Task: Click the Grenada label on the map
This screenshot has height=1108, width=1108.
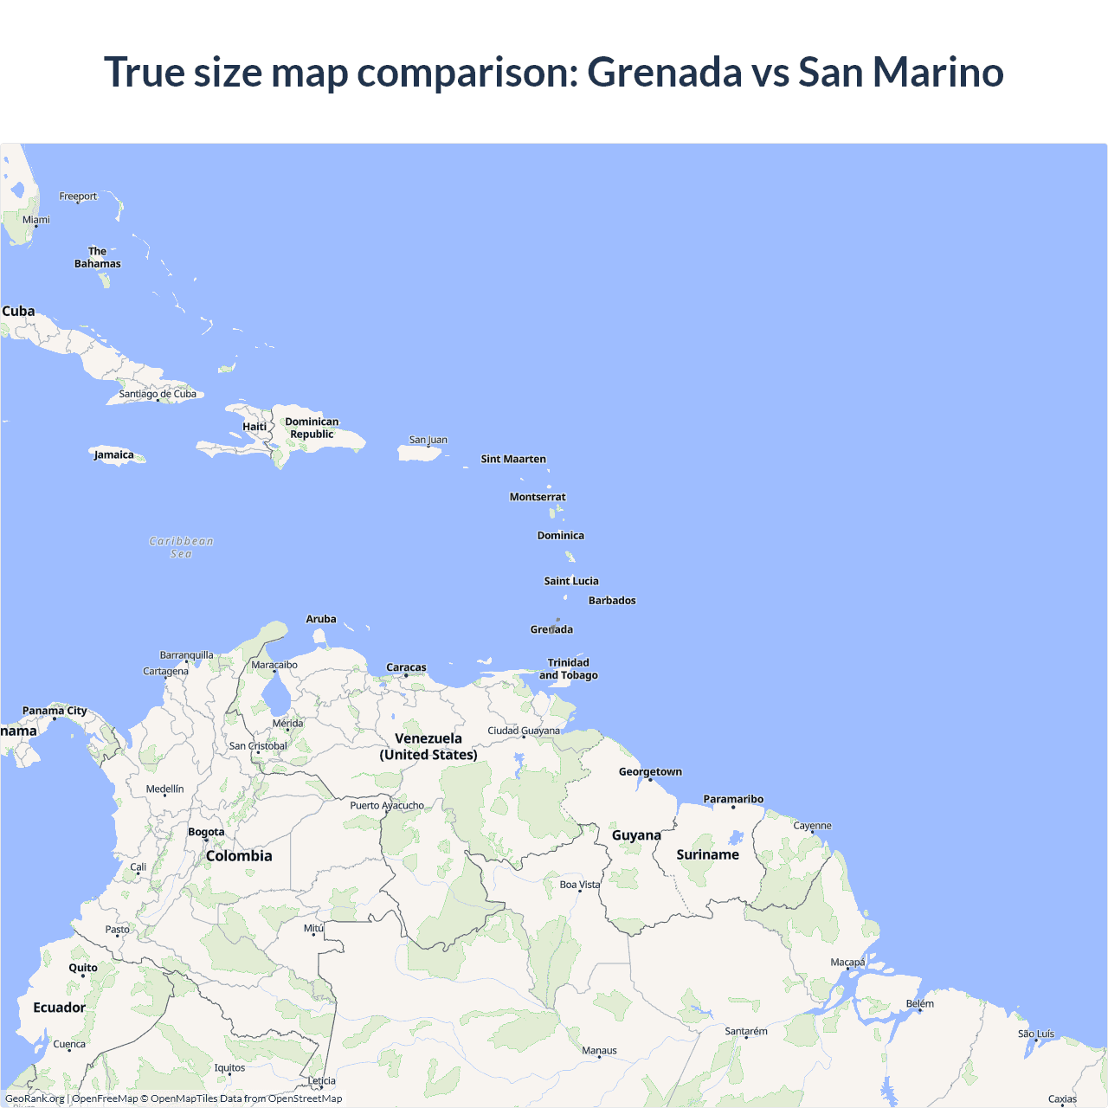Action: pos(551,629)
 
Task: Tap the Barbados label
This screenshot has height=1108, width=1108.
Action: pos(612,601)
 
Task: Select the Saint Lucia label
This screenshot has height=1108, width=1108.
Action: pos(571,581)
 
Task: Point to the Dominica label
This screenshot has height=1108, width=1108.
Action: pos(561,536)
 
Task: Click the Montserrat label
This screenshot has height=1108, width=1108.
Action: pos(538,497)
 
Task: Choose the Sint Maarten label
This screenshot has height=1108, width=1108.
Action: pos(513,459)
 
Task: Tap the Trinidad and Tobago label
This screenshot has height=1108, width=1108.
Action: pos(569,669)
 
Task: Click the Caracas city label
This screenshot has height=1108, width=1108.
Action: pos(406,667)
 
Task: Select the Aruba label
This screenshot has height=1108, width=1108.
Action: pos(321,619)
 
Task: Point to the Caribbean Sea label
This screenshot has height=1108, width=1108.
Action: pos(181,547)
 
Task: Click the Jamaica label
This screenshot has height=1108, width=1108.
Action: pos(114,454)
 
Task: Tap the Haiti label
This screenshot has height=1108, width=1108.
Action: pos(254,426)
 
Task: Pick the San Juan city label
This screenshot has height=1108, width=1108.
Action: pos(428,440)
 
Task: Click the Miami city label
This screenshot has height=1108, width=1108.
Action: pos(36,220)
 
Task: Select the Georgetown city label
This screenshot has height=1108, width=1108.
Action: pos(650,771)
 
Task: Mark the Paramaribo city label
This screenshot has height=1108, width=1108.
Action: pos(733,799)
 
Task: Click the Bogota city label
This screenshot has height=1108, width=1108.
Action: pos(206,832)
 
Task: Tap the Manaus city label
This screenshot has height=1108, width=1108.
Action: pos(599,1051)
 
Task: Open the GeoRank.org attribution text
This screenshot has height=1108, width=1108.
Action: pos(35,1098)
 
